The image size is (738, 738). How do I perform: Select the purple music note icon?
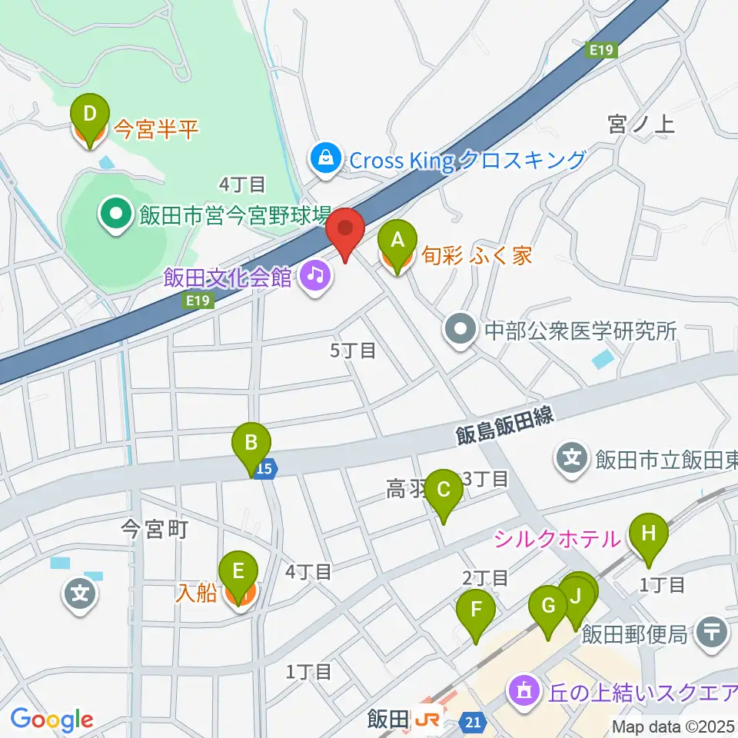click(314, 274)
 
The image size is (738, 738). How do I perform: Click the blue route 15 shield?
click(265, 468)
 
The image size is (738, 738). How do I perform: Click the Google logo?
click(52, 720)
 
